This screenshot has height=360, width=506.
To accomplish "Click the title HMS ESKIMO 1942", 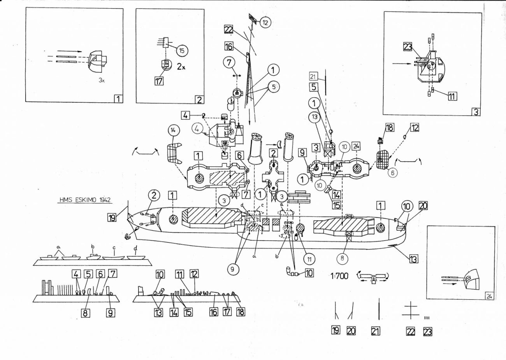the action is [85, 200].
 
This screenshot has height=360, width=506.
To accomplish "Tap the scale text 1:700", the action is [339, 276].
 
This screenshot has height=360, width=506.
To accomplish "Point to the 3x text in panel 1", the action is [102, 80].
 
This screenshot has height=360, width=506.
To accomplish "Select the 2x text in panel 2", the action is [181, 67].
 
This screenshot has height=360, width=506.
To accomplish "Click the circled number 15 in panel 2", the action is [182, 51].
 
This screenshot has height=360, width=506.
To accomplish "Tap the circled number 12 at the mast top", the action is [265, 22].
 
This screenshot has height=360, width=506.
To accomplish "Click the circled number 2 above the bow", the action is [154, 195].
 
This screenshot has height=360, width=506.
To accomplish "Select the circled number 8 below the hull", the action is [342, 258].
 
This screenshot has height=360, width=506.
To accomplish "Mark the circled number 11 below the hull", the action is [309, 259].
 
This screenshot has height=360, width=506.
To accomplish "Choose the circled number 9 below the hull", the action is [234, 269].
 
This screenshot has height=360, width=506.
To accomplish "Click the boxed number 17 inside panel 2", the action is [159, 81].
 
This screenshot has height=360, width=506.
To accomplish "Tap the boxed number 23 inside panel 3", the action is [408, 47].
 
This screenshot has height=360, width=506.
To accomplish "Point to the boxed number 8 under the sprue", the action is [85, 313].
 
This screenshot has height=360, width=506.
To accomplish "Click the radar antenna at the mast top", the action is [253, 19].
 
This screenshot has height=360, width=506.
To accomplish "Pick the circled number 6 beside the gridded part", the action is [393, 172].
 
